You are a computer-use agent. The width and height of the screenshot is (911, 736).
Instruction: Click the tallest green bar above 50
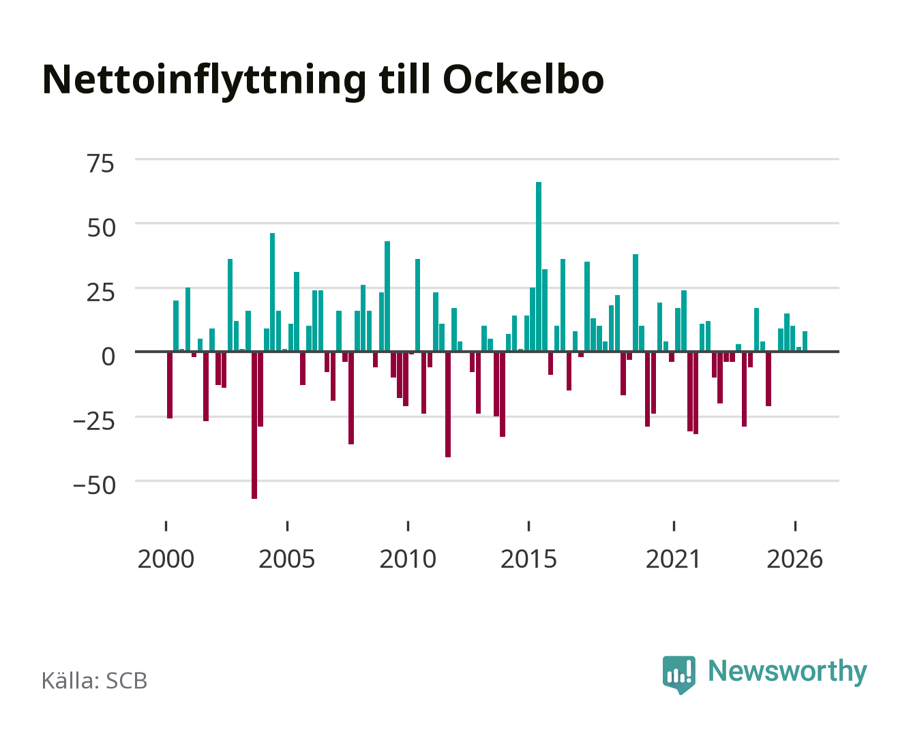[539, 266]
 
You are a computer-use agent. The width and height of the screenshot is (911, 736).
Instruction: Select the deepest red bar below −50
[254, 425]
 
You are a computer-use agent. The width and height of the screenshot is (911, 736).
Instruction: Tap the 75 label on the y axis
[100, 164]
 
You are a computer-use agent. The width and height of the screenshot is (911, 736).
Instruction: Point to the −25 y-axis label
[94, 422]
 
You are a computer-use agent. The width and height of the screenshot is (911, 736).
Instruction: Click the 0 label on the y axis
[108, 356]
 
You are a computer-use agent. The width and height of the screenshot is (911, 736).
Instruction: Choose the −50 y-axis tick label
[94, 486]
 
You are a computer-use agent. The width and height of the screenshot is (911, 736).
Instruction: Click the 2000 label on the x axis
[166, 559]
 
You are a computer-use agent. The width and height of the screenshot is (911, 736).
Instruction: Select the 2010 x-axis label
[408, 559]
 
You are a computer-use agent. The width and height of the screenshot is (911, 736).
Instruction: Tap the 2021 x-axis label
[673, 559]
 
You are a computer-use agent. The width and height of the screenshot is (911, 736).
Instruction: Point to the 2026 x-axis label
[794, 559]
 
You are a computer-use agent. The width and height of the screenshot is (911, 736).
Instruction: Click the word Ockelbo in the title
[523, 80]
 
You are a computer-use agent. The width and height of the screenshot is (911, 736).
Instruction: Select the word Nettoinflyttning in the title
[205, 81]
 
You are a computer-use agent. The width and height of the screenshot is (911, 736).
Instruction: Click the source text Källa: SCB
[95, 680]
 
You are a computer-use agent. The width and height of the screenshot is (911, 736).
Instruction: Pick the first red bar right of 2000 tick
[170, 385]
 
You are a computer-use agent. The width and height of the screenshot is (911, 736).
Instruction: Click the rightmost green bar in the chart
[805, 341]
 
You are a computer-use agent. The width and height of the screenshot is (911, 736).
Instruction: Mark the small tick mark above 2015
[529, 525]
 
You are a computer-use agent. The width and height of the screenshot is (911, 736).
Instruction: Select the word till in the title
[404, 80]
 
